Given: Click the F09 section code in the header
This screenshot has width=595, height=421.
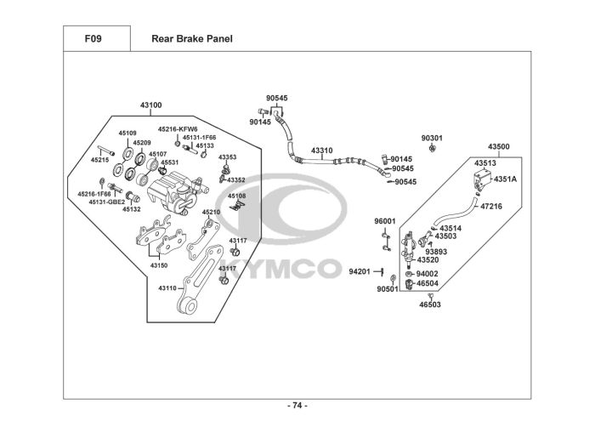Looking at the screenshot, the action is pos(93,39).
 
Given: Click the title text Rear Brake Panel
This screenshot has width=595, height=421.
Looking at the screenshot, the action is pos(192,39).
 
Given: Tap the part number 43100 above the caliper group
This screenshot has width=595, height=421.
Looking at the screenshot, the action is pos(150,105).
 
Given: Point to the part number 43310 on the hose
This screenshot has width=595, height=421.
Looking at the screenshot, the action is pos(322,151).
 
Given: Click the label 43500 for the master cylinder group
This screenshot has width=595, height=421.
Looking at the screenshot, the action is pos(499,146).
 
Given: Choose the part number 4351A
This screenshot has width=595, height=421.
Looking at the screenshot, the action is pos(505,179).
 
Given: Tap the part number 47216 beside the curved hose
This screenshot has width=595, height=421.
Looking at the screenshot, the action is pos(491,206).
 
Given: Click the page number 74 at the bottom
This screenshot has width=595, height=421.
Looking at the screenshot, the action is pos(297,406).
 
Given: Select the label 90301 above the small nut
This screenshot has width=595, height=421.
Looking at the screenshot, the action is pos(432,138).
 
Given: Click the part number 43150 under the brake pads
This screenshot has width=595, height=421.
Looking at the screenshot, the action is pos(159,265).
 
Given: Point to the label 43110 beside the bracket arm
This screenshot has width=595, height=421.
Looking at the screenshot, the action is pos(167,288).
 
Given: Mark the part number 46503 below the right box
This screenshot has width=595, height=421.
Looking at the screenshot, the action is pos(430,304).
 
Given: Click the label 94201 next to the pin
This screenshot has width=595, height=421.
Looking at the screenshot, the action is pos(360,271).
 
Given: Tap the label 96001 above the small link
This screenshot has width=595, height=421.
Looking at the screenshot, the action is pos(385,221).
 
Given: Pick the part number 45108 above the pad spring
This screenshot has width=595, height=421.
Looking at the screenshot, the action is pos(237,196).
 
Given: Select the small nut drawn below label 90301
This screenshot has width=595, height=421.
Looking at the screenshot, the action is pos(432,148).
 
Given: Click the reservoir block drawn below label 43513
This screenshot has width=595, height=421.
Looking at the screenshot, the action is pos(483,179).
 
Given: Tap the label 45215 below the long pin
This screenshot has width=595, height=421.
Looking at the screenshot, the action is pos(99,160).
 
